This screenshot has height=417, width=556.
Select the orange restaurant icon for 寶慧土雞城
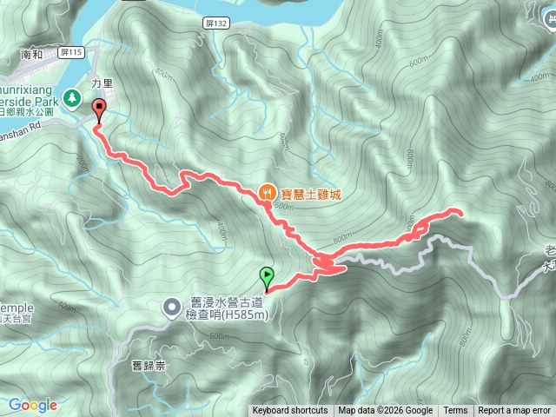pyautogui.click(x=268, y=192)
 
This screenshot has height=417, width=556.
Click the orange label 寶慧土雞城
pyautogui.click(x=311, y=193)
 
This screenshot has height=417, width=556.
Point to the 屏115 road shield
pyautogui.click(x=75, y=53)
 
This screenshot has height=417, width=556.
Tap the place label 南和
pyautogui.click(x=31, y=54)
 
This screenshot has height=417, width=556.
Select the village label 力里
pyautogui.click(x=103, y=85)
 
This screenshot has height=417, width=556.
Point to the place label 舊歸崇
pyautogui.click(x=149, y=365)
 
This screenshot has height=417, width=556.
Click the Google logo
pyautogui.click(x=33, y=405)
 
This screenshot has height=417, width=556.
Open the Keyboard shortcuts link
pyautogui.click(x=290, y=411)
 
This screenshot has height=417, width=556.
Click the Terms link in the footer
pyautogui.click(x=455, y=411)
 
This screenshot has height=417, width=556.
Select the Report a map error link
pyautogui.click(x=514, y=411)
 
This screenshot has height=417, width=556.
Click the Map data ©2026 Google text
pyautogui.click(x=386, y=411)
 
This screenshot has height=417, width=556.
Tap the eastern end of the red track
pyautogui.click(x=459, y=211)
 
